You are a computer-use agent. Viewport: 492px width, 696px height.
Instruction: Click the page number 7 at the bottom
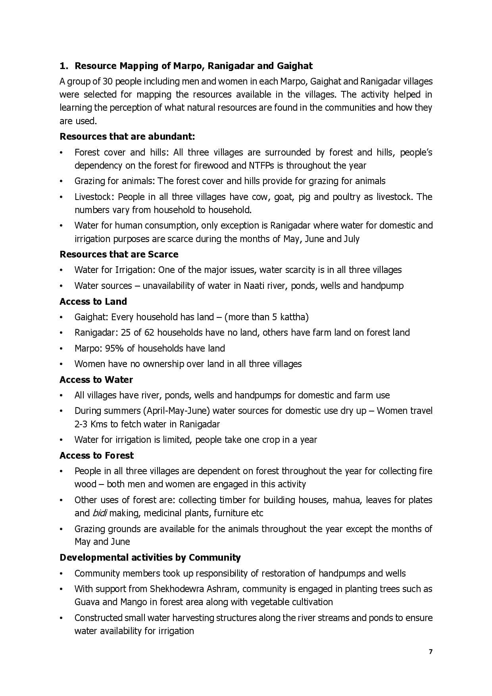(x=430, y=652)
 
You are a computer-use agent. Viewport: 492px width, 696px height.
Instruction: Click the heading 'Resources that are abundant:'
(x=127, y=137)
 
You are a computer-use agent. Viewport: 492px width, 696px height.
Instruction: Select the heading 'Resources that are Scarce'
(x=119, y=254)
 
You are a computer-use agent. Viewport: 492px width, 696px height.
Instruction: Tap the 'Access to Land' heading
(x=93, y=302)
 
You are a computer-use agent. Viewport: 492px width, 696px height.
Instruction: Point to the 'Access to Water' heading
(x=96, y=380)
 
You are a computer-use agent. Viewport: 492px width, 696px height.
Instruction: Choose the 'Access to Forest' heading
(x=96, y=456)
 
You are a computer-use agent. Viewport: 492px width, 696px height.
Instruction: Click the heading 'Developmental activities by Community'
(x=150, y=558)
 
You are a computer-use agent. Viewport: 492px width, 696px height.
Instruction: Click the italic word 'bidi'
(x=100, y=513)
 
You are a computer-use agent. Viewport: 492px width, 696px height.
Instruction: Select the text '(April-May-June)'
(x=177, y=411)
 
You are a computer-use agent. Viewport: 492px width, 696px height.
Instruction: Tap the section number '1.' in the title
(x=64, y=66)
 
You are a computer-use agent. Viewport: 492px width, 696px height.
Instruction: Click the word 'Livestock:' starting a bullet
(x=94, y=197)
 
